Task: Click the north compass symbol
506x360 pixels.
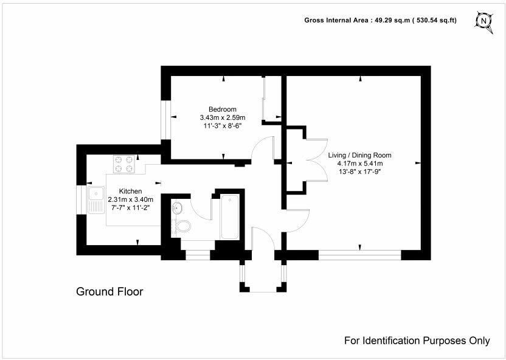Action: click(x=483, y=20)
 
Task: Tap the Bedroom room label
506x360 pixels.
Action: click(x=222, y=109)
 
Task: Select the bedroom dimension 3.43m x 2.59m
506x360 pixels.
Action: click(x=222, y=117)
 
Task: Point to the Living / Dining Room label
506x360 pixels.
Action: click(x=359, y=155)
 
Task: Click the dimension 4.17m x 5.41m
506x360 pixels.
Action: click(x=359, y=163)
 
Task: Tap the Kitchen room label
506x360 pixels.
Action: click(x=130, y=191)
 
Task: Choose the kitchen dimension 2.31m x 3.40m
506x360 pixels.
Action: click(x=130, y=199)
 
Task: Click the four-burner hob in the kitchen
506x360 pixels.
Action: click(x=124, y=164)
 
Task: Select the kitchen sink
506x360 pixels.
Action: click(x=96, y=200)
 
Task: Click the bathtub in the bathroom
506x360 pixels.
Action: click(x=230, y=216)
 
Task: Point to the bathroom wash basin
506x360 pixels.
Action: click(x=177, y=208)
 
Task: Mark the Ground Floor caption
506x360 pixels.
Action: click(x=109, y=292)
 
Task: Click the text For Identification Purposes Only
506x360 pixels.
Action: click(x=417, y=341)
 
